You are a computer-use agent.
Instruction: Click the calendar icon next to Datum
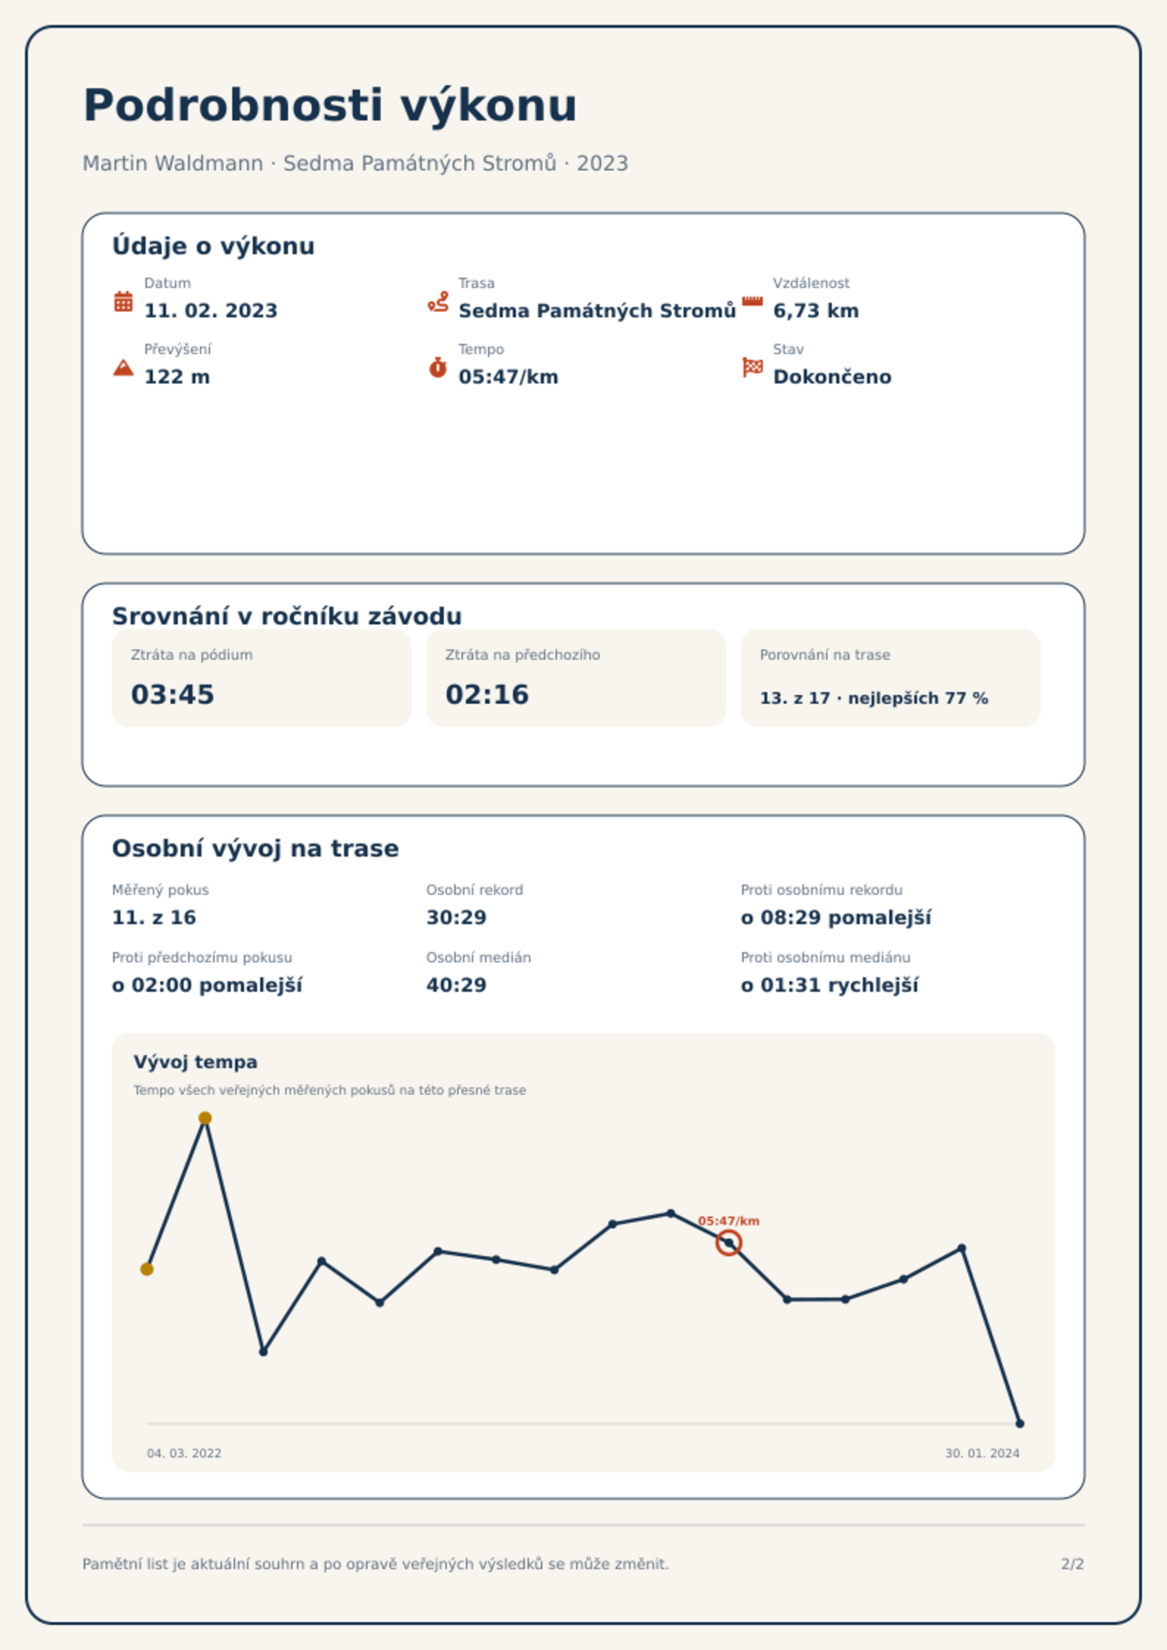click(123, 301)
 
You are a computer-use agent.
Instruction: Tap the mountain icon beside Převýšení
click(123, 367)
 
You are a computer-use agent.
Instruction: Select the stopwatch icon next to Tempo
click(438, 367)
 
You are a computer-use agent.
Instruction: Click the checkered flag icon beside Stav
click(753, 367)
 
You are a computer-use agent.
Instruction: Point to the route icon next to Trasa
click(438, 301)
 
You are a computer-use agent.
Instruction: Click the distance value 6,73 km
click(816, 311)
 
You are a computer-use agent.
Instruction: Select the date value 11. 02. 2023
click(211, 311)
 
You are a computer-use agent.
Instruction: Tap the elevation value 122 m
click(177, 377)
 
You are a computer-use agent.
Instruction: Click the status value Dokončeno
click(832, 377)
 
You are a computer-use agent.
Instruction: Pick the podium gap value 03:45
click(173, 694)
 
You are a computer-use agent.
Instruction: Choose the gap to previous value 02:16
click(487, 694)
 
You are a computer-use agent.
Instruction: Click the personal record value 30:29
click(456, 918)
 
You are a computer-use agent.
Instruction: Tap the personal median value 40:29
click(456, 985)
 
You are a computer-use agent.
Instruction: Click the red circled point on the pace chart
click(729, 1243)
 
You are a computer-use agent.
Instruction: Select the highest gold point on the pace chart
click(205, 1118)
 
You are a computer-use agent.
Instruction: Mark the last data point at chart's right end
click(1019, 1424)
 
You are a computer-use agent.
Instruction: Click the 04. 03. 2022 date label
click(184, 1453)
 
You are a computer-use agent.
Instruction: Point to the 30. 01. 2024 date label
click(983, 1453)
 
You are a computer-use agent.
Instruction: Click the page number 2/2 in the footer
click(1072, 1564)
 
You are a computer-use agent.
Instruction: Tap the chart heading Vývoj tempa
click(195, 1062)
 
